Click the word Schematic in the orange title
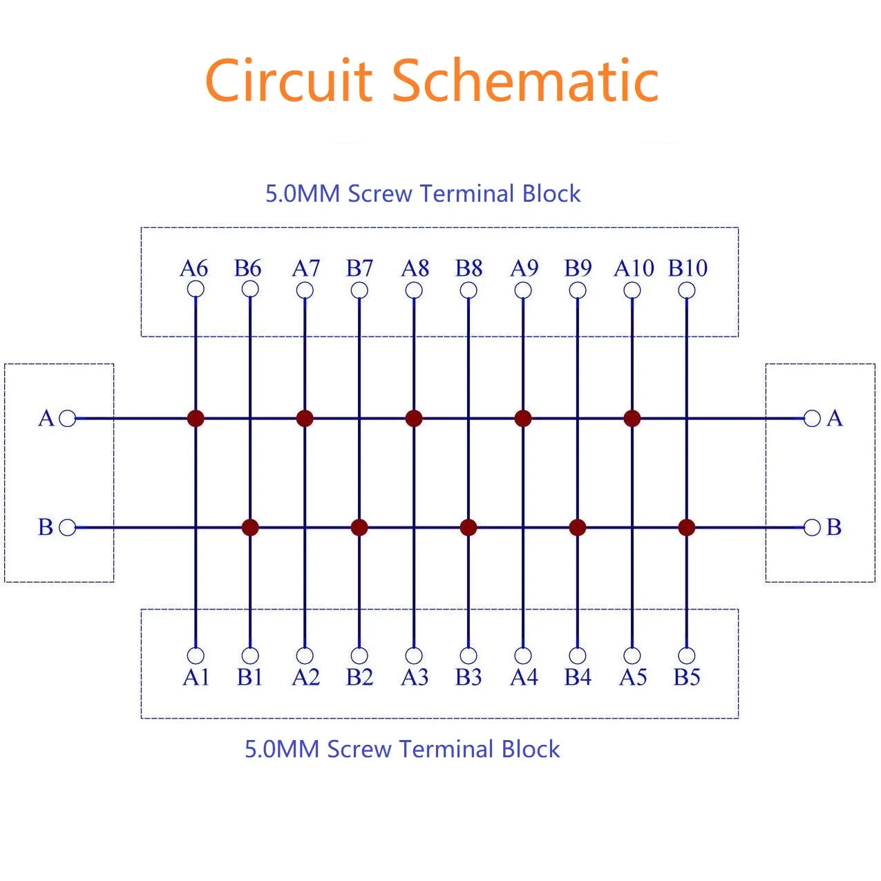(525, 81)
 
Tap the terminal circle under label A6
(196, 290)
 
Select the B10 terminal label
(688, 268)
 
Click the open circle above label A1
(196, 655)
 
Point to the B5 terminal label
(687, 677)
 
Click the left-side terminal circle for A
(68, 418)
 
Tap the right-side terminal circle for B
(813, 527)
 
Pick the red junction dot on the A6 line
(196, 418)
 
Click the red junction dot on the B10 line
(686, 527)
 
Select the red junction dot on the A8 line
(414, 418)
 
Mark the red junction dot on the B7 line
(359, 527)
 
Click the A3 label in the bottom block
(415, 677)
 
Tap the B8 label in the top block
(468, 268)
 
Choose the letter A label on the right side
(835, 418)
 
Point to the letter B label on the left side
(46, 527)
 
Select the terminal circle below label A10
(632, 290)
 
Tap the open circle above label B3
(468, 655)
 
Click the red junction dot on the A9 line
(523, 418)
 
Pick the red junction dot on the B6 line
(250, 527)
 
